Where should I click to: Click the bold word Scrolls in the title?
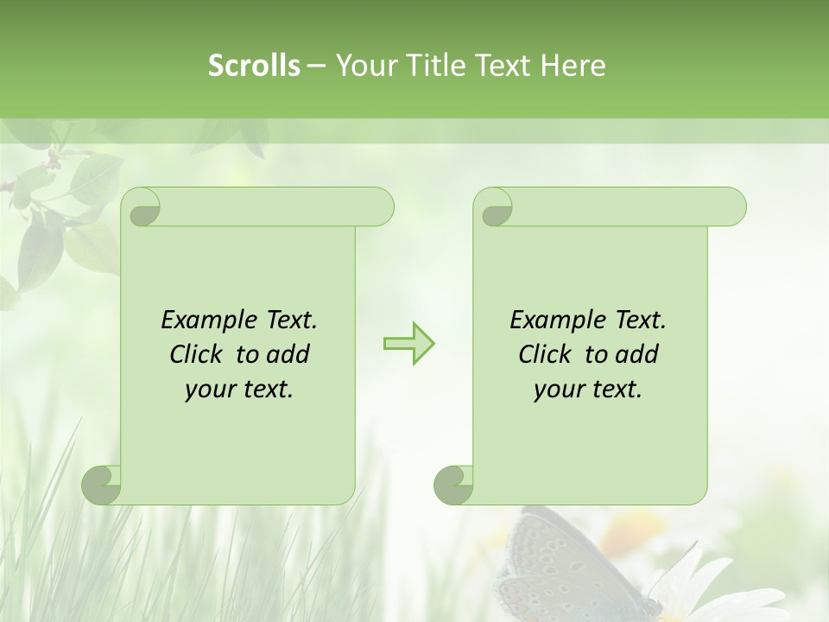click(x=254, y=66)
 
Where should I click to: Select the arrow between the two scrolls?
click(x=408, y=344)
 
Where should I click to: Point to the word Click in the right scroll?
click(x=543, y=354)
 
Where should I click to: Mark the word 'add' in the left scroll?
click(x=288, y=354)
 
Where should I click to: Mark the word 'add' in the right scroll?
click(x=637, y=354)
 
